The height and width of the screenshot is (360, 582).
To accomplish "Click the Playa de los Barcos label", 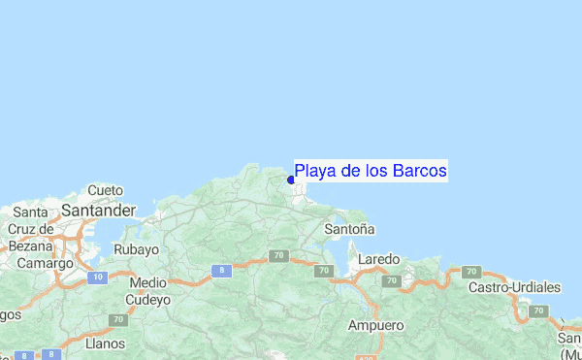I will click(371, 172).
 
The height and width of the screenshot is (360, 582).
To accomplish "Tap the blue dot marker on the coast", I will click(291, 180).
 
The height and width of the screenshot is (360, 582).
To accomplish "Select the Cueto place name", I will click(106, 190).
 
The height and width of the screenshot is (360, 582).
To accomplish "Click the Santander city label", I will click(97, 210).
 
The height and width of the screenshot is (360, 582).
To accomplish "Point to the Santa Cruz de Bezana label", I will click(30, 229).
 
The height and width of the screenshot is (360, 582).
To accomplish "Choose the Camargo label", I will click(45, 263).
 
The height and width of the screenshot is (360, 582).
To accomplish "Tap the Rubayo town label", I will click(136, 249).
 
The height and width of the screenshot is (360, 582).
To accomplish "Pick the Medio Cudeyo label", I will click(148, 291).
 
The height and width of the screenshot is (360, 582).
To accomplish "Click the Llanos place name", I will click(105, 343).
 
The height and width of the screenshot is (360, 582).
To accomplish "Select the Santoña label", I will click(350, 229).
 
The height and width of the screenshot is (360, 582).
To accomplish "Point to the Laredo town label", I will click(379, 260).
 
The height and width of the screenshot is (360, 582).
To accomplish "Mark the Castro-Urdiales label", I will click(514, 288).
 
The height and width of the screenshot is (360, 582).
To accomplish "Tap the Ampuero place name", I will click(374, 324).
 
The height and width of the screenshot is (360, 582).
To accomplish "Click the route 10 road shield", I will click(96, 278).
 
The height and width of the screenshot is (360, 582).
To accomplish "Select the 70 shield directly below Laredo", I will click(391, 280).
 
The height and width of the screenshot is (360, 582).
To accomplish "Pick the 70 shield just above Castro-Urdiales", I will click(471, 272).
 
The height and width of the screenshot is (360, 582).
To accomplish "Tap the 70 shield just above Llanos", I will click(117, 318).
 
